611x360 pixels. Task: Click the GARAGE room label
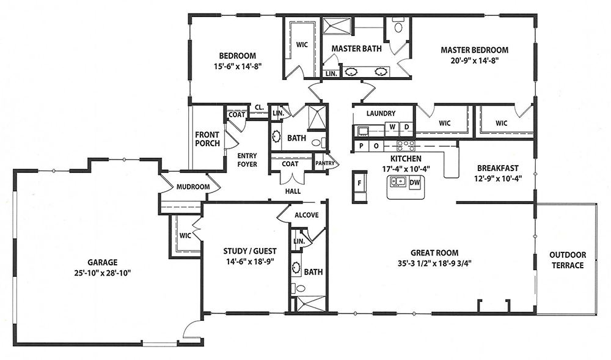click(x=102, y=263)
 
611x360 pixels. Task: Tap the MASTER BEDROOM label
click(x=474, y=50)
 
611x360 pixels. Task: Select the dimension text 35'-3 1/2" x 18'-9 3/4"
click(x=434, y=263)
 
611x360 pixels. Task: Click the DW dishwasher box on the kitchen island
click(x=415, y=182)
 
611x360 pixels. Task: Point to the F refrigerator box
click(x=360, y=183)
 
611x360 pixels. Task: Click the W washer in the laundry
click(x=392, y=127)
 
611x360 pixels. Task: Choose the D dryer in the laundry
click(x=406, y=127)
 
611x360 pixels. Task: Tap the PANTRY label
click(x=325, y=163)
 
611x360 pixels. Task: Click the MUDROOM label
click(x=193, y=187)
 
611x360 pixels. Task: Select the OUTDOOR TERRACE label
click(x=568, y=260)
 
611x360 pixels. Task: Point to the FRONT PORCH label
click(x=207, y=139)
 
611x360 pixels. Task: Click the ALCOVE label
click(x=307, y=215)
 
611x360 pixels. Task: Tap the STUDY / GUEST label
click(x=250, y=251)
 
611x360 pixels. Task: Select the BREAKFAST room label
click(x=497, y=168)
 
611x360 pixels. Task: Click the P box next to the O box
click(x=362, y=146)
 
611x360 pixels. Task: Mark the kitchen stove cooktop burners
click(x=406, y=146)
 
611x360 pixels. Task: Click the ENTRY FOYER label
click(x=247, y=160)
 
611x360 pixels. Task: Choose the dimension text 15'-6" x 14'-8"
click(x=237, y=66)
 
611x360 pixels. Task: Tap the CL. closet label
click(x=259, y=107)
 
